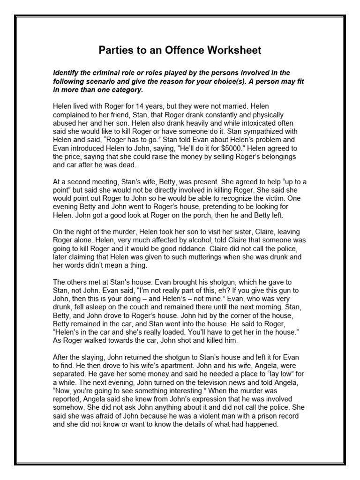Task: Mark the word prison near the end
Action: click(258, 417)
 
